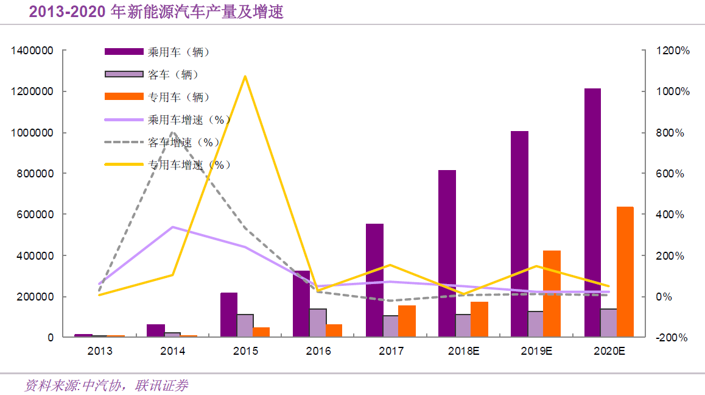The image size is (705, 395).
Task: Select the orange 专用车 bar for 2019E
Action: coord(552,293)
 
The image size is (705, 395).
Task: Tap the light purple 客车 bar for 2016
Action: coord(318,322)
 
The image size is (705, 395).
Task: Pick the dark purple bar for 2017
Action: coord(374,280)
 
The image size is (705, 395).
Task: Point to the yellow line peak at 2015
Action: coord(245,76)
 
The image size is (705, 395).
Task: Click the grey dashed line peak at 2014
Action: coord(173,132)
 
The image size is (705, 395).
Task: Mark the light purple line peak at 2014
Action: coord(173,227)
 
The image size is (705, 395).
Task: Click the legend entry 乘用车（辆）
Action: coord(178,52)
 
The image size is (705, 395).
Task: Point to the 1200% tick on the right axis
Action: coord(673,51)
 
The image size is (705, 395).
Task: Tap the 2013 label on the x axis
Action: coord(100,351)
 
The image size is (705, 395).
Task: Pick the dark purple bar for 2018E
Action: coord(447,253)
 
